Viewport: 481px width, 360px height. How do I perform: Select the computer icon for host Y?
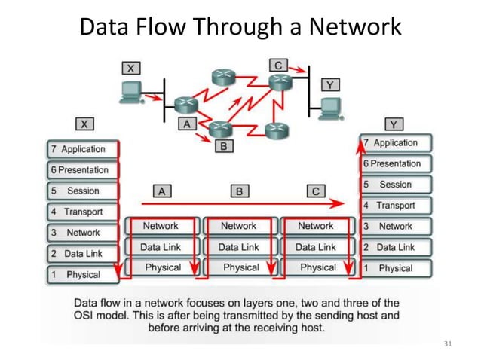pyautogui.click(x=329, y=108)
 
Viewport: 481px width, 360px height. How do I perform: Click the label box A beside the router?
pyautogui.click(x=186, y=124)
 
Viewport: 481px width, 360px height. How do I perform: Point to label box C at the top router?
pyautogui.click(x=277, y=66)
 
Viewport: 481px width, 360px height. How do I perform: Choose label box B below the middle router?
pyautogui.click(x=223, y=146)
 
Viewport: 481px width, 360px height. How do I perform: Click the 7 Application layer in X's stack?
pyautogui.click(x=83, y=149)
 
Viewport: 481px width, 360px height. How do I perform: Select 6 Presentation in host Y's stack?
pyautogui.click(x=395, y=163)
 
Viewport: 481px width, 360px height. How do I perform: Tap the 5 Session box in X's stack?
pyautogui.click(x=83, y=191)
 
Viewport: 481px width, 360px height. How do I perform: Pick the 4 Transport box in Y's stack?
pyautogui.click(x=395, y=205)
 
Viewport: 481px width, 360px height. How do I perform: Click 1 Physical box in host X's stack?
pyautogui.click(x=83, y=275)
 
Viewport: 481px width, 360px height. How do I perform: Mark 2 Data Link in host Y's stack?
pyautogui.click(x=395, y=247)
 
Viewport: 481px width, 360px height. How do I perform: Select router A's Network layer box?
pyautogui.click(x=161, y=226)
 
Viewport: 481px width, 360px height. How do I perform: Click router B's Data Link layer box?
pyautogui.click(x=238, y=247)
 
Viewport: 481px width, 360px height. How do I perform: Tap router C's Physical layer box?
pyautogui.click(x=317, y=267)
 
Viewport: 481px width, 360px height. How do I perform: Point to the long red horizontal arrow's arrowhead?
pyautogui.click(x=339, y=203)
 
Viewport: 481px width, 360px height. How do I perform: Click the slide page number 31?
pyautogui.click(x=448, y=344)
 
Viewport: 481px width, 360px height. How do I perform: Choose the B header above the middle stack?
pyautogui.click(x=239, y=191)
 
